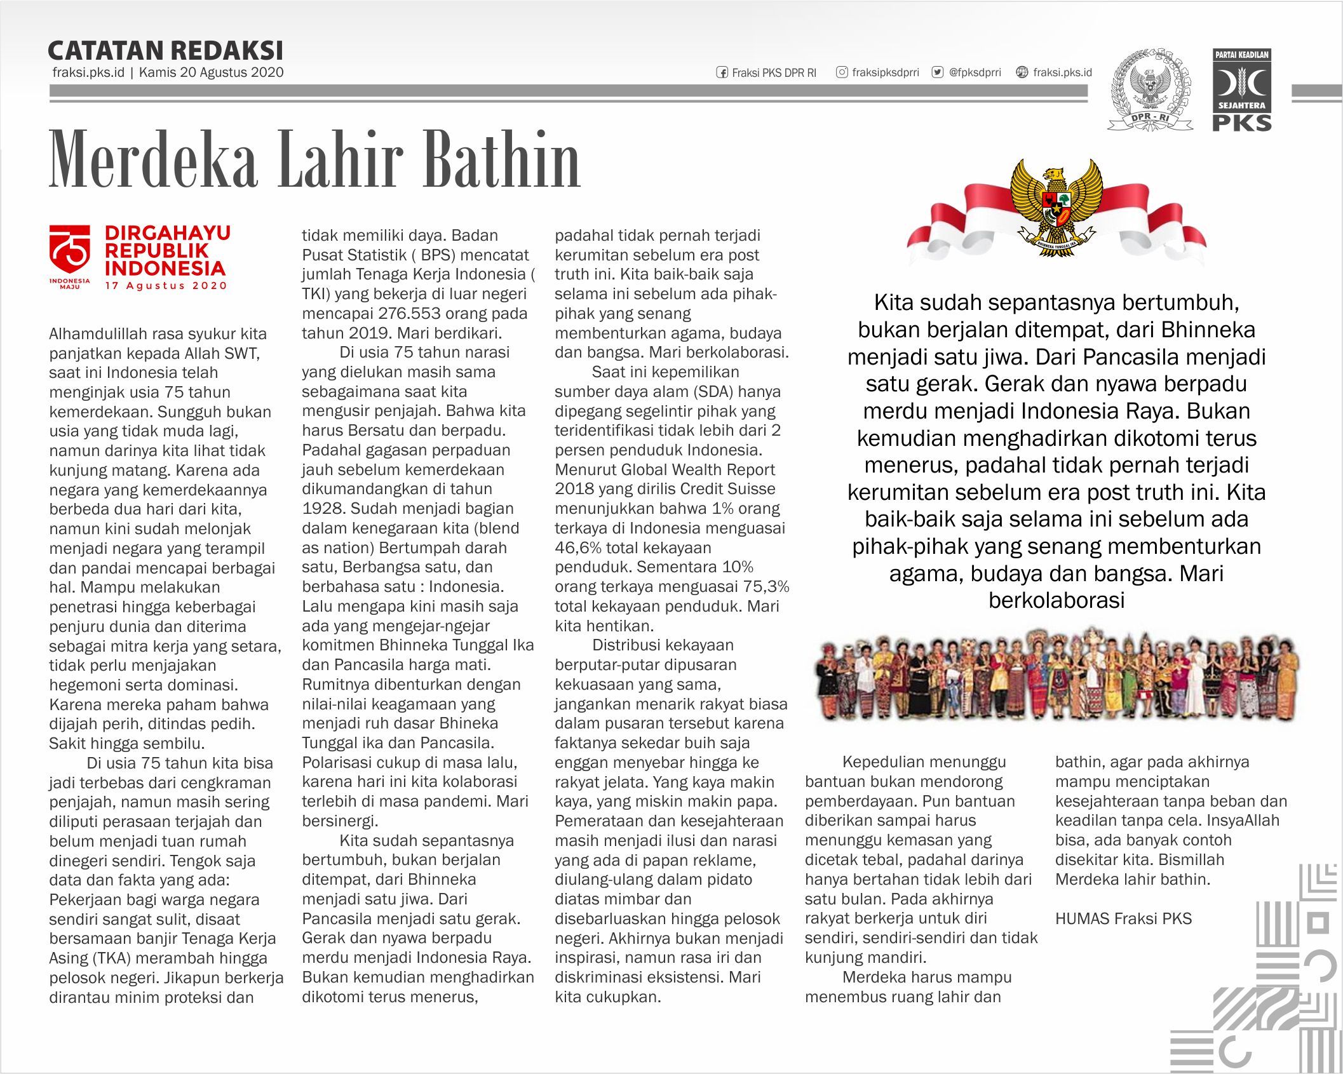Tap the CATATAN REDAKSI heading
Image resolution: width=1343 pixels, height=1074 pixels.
[x=165, y=51]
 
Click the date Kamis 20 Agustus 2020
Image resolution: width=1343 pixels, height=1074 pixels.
[x=211, y=72]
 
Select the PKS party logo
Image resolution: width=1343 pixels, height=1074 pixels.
[x=1242, y=90]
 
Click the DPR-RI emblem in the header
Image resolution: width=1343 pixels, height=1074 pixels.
[x=1150, y=90]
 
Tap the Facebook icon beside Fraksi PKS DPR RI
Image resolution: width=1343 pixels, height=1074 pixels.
[x=722, y=72]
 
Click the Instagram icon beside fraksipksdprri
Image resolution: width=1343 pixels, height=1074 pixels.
[x=842, y=72]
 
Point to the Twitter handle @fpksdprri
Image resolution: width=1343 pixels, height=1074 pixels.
[x=975, y=72]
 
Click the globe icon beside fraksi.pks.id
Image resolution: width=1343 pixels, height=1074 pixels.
[x=1022, y=72]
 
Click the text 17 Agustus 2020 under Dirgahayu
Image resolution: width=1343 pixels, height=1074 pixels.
[x=166, y=286]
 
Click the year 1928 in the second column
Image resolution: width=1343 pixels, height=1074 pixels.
[x=323, y=509]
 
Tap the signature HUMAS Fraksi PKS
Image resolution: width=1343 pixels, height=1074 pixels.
[x=1123, y=918]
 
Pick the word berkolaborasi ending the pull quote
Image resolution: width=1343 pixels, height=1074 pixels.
[x=1056, y=601]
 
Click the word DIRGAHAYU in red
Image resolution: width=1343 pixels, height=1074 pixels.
[x=168, y=233]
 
